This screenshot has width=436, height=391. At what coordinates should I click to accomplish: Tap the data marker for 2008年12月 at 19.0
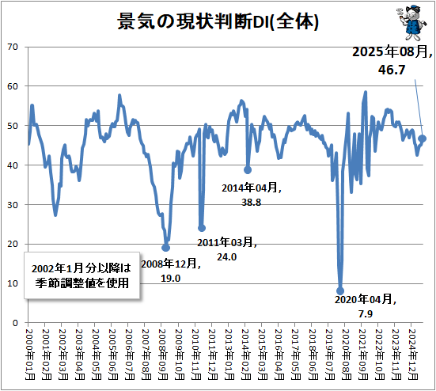click(x=165, y=248)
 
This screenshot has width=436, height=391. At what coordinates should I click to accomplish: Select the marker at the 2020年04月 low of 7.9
click(x=340, y=291)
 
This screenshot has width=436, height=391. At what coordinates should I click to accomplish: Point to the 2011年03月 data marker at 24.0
click(x=201, y=228)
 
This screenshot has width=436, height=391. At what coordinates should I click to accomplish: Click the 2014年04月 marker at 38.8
click(x=248, y=169)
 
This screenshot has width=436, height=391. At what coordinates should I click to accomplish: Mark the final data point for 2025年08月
click(x=423, y=139)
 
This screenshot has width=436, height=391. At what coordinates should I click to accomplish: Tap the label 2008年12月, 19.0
click(x=171, y=271)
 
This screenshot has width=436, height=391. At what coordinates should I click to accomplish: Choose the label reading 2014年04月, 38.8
click(x=250, y=195)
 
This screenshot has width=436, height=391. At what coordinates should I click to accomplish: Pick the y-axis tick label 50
click(x=14, y=126)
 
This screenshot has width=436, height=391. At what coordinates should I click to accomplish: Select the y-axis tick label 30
click(x=14, y=204)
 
